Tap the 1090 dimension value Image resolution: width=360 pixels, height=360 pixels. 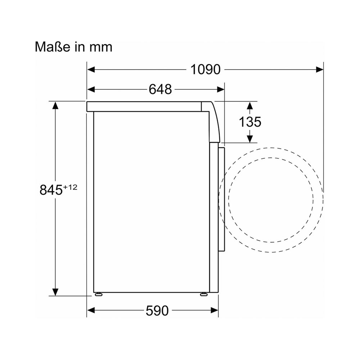(x=206, y=69)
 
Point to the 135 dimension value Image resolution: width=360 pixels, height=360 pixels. (x=250, y=122)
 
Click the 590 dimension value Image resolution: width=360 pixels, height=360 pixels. (x=157, y=311)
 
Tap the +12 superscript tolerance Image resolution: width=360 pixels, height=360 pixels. (x=70, y=187)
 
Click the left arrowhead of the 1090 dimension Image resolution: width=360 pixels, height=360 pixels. (x=91, y=69)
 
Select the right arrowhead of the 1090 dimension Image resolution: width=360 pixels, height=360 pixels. (x=320, y=69)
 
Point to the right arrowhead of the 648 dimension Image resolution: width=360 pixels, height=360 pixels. (x=221, y=89)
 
